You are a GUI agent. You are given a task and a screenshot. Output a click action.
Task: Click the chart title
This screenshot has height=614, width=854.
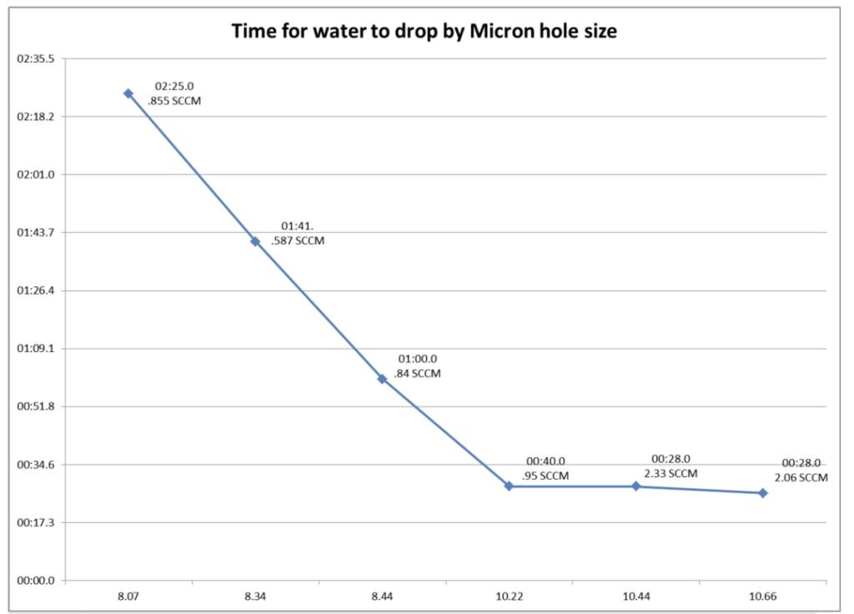click(x=424, y=31)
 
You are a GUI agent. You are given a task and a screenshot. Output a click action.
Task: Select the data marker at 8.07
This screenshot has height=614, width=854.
click(x=128, y=93)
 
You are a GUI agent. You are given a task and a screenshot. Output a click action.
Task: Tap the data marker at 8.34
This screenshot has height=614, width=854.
click(x=255, y=241)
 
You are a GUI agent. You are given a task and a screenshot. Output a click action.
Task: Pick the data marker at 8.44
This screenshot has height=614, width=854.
click(x=382, y=379)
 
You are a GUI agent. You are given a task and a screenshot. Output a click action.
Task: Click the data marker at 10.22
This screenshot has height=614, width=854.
click(x=509, y=486)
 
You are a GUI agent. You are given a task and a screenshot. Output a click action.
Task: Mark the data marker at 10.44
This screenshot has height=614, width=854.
click(x=636, y=486)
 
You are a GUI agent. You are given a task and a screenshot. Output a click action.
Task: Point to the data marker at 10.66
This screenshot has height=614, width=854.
click(x=763, y=493)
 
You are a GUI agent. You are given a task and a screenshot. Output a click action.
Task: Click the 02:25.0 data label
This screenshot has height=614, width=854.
click(x=174, y=86)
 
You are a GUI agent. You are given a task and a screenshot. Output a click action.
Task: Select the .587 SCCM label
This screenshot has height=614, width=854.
click(x=298, y=241)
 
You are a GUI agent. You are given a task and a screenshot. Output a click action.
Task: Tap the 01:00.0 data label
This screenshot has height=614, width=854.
click(x=418, y=359)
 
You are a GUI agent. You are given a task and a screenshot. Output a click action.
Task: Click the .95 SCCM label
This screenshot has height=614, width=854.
click(x=545, y=476)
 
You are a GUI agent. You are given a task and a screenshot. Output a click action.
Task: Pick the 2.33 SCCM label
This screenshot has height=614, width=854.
click(x=671, y=474)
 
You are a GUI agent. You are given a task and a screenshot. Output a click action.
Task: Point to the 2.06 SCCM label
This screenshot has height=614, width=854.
click(x=801, y=478)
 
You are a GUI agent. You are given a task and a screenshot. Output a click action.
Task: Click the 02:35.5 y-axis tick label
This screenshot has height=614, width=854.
click(x=36, y=59)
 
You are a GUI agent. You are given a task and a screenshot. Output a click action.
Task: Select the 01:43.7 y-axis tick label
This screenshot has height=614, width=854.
click(x=36, y=233)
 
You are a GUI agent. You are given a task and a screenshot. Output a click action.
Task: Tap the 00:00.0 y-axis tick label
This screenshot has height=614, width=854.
click(x=36, y=581)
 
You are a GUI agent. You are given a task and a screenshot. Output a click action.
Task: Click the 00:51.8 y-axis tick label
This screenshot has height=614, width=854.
click(x=36, y=406)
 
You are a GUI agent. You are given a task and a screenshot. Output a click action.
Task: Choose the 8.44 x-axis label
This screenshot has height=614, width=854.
click(x=382, y=596)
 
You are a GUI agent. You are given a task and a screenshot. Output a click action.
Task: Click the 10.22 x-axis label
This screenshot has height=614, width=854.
click(x=510, y=596)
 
